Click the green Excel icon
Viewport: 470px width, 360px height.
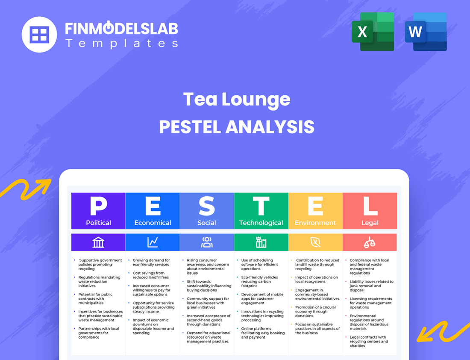373,32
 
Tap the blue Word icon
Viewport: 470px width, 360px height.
426,32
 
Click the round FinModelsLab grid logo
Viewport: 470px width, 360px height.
39,35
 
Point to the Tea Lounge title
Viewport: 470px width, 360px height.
237,100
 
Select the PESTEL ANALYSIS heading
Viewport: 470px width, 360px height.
237,127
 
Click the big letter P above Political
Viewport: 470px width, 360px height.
98,206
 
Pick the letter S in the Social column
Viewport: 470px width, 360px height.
207,206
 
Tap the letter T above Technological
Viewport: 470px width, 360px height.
261,206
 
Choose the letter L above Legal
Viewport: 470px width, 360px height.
370,206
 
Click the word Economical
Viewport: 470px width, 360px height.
153,223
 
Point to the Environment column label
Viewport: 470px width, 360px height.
315,223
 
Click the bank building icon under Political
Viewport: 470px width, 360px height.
98,242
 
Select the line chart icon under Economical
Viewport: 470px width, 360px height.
153,242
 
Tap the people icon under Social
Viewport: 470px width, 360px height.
207,242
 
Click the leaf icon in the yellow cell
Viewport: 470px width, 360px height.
315,242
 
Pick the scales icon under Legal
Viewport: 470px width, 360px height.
370,242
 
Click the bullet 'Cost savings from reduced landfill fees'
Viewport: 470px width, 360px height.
148,275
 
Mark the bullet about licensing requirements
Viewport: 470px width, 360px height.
370,303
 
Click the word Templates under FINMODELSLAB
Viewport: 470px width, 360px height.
121,43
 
